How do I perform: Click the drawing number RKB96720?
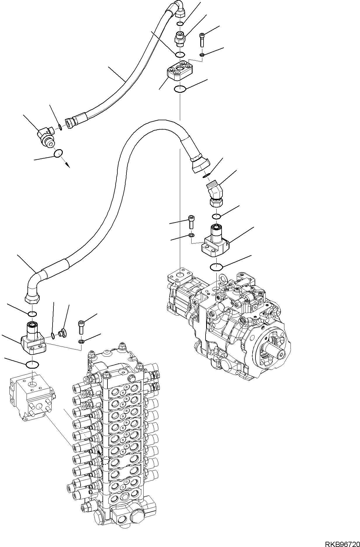click(342, 542)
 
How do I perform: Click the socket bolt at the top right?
click(202, 39)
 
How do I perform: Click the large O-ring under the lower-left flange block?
click(32, 364)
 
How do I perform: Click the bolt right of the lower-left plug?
click(81, 327)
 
